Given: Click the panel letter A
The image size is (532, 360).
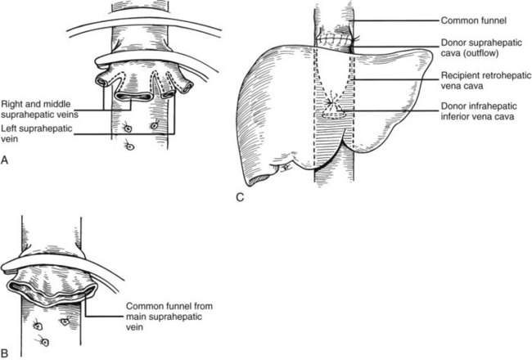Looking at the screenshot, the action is tap(4, 160).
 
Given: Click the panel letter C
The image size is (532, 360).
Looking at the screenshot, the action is tap(240, 197).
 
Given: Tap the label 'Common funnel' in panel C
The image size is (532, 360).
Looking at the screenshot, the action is tap(474, 20).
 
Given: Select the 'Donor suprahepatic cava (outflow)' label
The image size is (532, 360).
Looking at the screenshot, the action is tap(481, 47).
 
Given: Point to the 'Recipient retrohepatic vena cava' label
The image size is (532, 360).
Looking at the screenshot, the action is tap(486, 80).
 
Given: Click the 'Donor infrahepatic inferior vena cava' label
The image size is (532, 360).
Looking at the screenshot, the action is tap(479, 111).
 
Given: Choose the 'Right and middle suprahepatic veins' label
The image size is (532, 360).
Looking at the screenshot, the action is tap(39, 110).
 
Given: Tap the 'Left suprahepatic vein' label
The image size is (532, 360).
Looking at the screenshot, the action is tap(37, 133).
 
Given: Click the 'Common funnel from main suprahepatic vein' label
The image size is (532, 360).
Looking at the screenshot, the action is tap(169, 317).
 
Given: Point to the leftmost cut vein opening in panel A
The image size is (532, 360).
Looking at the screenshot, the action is tap(101, 81).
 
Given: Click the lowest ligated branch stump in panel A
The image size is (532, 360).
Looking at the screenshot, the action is tap(130, 146).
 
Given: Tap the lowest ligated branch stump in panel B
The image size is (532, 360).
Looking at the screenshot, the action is tap(44, 342).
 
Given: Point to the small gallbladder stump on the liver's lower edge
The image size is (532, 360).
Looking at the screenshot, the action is tap(285, 167).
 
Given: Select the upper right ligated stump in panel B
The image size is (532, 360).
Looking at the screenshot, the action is tap(65, 320).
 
